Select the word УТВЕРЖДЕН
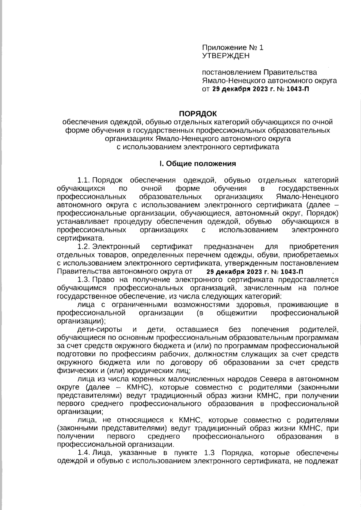tap(226, 56)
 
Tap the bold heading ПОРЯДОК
tap(198, 114)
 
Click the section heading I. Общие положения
tap(198, 164)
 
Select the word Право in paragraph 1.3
tap(103, 280)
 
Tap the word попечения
tap(270, 329)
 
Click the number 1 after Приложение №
tap(261, 48)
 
